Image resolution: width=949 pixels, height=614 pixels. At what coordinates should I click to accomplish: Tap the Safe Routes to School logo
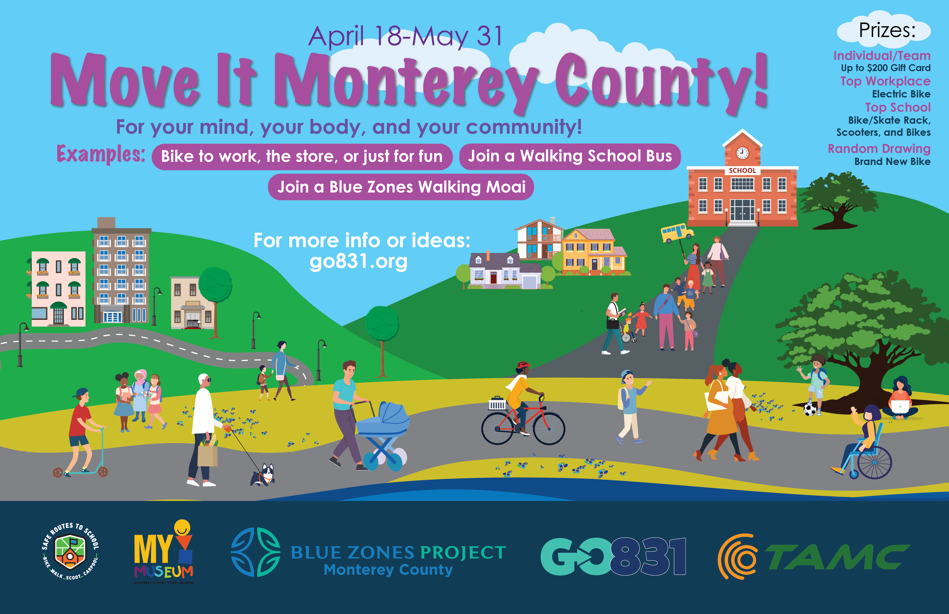tap(70, 551)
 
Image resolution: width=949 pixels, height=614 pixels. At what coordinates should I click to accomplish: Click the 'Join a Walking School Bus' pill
tap(570, 156)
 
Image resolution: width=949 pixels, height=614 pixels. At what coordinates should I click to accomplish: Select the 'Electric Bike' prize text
tap(901, 94)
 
